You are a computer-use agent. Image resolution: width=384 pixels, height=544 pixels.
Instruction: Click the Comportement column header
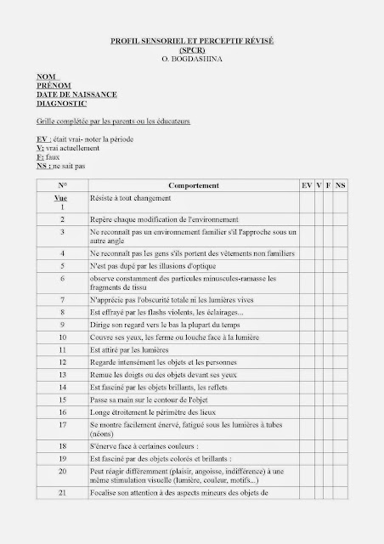[195, 185]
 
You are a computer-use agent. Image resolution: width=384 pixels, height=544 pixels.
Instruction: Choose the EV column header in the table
[306, 185]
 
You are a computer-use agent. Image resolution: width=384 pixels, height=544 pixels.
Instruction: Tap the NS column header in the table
[341, 185]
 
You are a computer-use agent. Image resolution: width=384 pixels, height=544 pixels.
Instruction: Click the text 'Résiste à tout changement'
[132, 198]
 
